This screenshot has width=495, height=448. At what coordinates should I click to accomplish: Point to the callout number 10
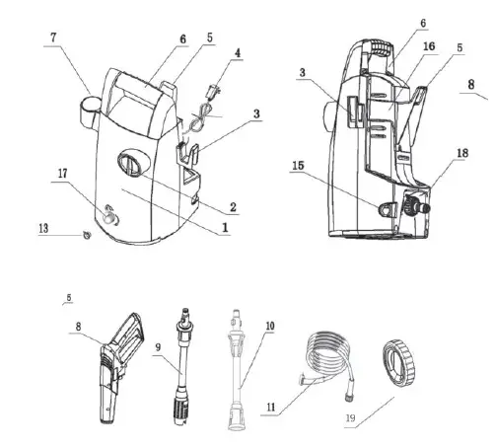coord(271,325)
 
